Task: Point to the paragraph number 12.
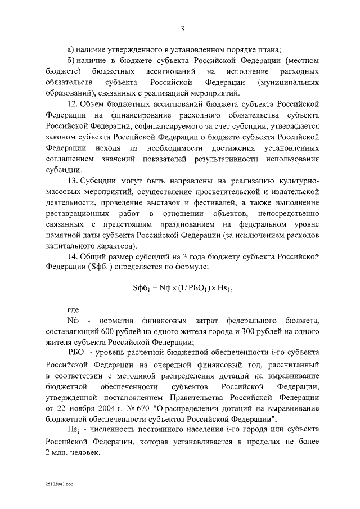(x=71, y=104)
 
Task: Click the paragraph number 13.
(x=71, y=182)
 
